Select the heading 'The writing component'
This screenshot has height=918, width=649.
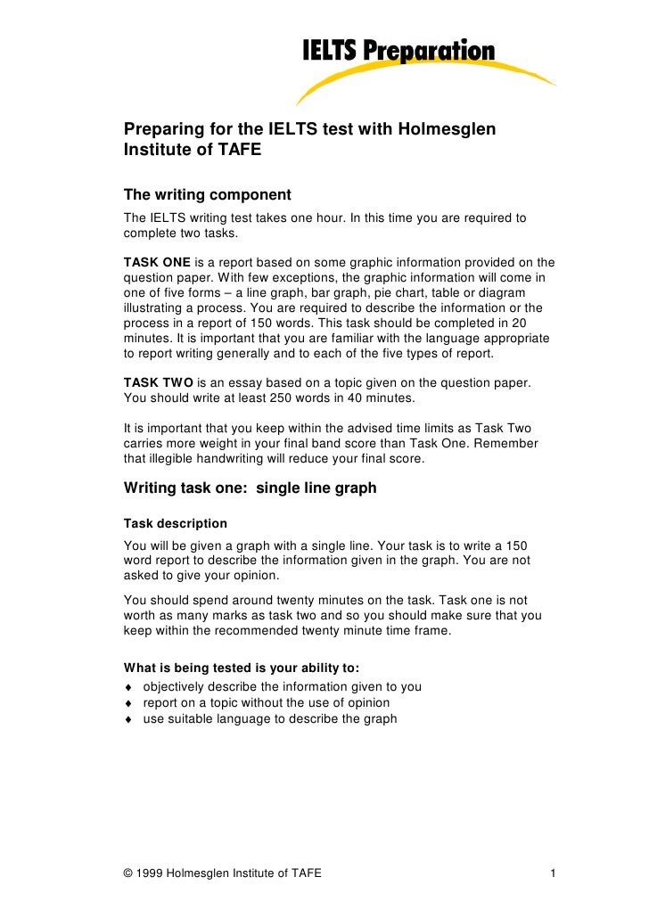pos(207,195)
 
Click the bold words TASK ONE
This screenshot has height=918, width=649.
pos(156,263)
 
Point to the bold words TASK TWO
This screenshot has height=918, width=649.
pos(157,382)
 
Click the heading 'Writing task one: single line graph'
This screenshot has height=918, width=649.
pos(250,488)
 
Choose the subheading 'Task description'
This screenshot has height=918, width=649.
pos(175,523)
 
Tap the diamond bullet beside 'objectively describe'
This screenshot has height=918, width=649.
pos(129,687)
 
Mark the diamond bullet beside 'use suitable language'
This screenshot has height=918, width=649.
pos(129,719)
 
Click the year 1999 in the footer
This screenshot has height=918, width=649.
pos(152,873)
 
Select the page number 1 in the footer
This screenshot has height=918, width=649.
pos(554,873)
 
